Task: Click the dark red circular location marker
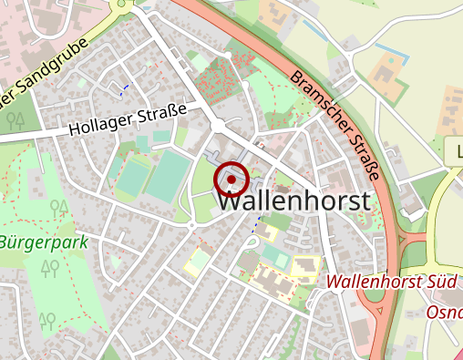[231, 180]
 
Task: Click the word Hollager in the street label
[98, 125]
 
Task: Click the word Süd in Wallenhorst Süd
[440, 282]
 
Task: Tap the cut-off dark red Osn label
[445, 312]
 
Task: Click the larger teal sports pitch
[167, 177]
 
